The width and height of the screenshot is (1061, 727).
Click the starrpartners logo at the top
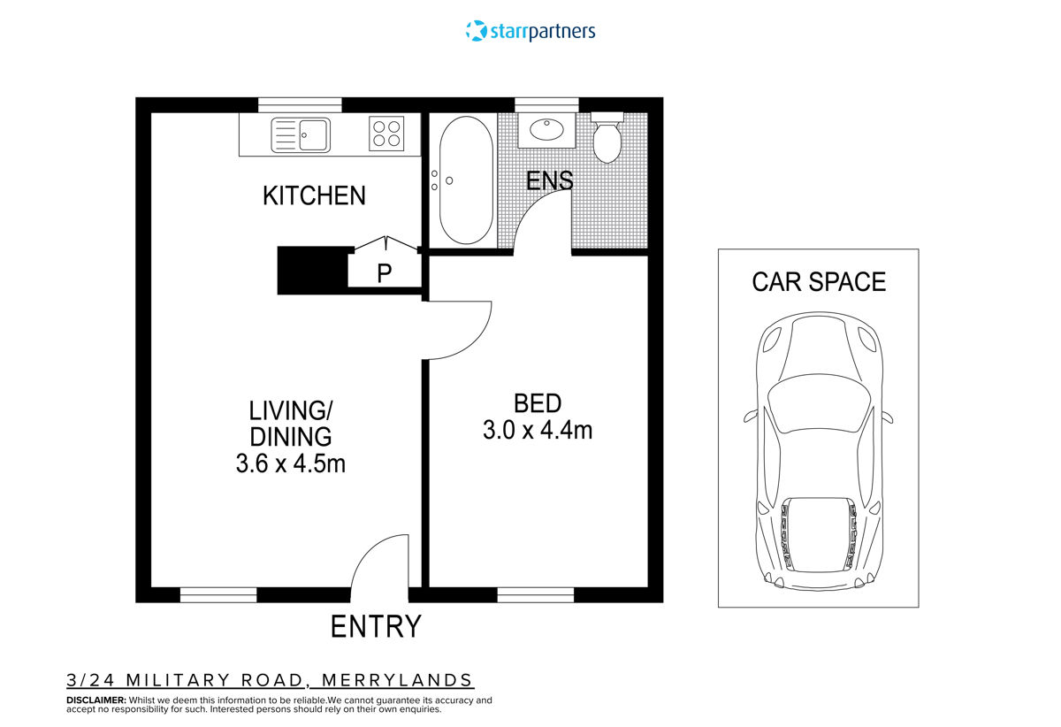[530, 31]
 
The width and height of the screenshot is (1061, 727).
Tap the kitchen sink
[302, 135]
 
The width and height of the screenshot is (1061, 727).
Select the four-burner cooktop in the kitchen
[386, 134]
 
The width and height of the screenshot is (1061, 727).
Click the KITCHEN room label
[314, 195]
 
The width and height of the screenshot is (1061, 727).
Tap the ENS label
[549, 180]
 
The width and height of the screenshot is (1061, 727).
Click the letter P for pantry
[384, 273]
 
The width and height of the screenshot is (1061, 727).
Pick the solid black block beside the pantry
[311, 270]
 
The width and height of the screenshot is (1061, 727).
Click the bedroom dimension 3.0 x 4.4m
[537, 431]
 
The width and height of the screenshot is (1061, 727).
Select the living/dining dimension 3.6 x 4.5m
[290, 463]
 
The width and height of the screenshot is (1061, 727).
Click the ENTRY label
[376, 626]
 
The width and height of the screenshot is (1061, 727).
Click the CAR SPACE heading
[819, 282]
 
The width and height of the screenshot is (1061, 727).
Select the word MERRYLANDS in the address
[397, 680]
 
